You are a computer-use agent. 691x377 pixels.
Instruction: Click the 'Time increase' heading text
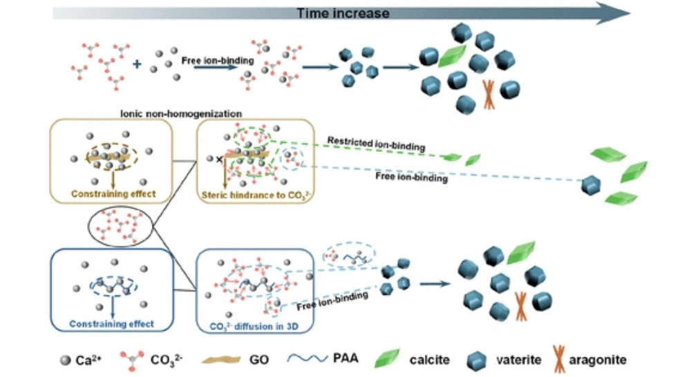click(x=343, y=13)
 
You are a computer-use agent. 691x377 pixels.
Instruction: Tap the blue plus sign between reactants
click(x=137, y=64)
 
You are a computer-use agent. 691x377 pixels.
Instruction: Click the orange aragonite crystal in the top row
click(x=489, y=95)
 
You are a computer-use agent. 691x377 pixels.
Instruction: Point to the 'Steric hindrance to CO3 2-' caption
click(x=256, y=195)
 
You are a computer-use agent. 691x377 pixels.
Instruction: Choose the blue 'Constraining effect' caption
click(x=112, y=323)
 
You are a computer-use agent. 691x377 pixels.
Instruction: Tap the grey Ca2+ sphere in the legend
click(x=66, y=359)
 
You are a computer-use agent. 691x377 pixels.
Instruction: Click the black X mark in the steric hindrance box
click(x=219, y=159)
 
